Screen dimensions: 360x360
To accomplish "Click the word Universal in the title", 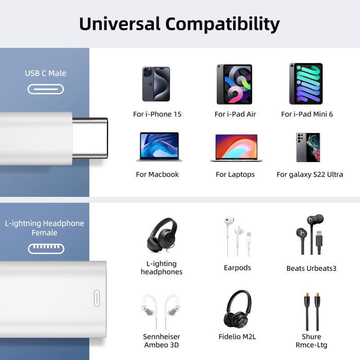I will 120,23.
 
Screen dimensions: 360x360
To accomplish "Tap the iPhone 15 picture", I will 156,84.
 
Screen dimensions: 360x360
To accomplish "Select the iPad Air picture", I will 234,84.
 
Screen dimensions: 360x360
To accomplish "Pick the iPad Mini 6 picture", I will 306,84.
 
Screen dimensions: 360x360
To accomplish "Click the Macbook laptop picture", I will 159,147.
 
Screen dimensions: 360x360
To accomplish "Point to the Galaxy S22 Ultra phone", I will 308,147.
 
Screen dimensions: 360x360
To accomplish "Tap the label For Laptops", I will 235,174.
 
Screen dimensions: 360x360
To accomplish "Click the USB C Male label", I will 45,73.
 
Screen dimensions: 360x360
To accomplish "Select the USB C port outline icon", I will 45,89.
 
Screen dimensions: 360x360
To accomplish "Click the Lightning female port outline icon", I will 46,248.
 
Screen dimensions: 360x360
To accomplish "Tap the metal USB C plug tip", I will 90,138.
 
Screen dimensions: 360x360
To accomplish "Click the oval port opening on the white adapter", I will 97,298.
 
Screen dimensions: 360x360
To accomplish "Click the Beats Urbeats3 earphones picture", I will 310,234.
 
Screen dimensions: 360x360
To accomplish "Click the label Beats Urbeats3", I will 311,268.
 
